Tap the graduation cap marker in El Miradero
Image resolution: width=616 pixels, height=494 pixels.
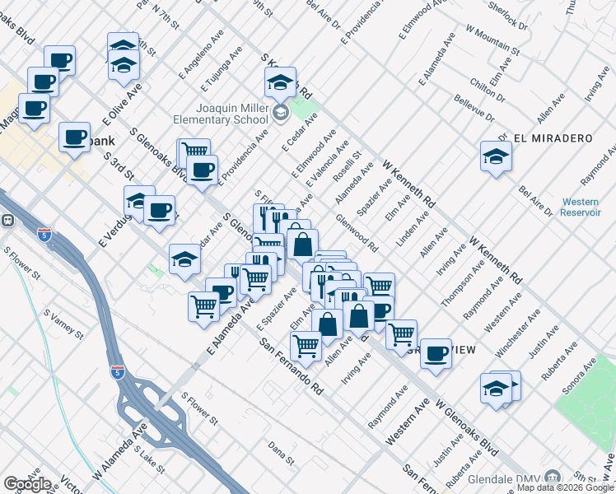pos(495,156)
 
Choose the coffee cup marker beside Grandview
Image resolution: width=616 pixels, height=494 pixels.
pos(435,352)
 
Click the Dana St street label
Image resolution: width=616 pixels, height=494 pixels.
pos(282,452)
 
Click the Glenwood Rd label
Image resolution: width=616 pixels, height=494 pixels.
pos(357,234)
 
